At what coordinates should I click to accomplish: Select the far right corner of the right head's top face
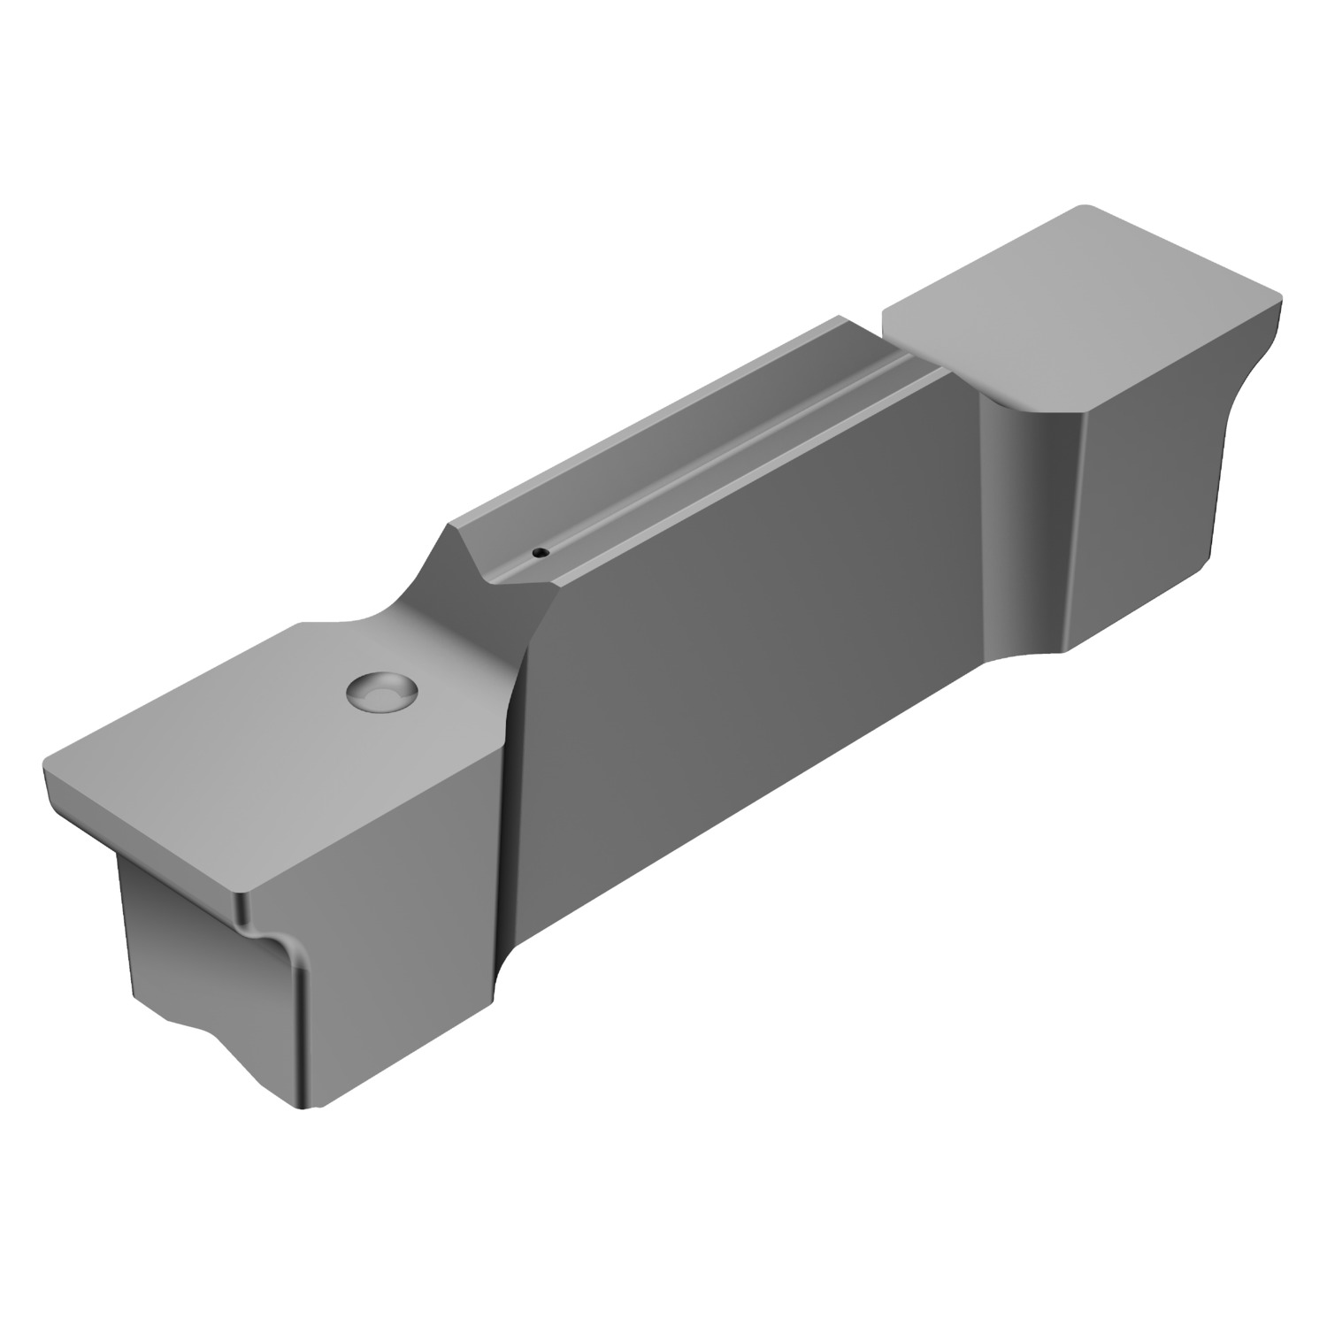tap(1278, 292)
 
